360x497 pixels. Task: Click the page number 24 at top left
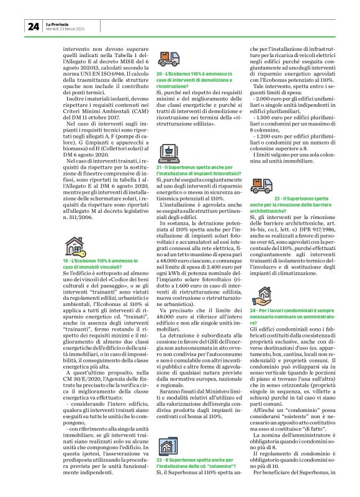click(33, 26)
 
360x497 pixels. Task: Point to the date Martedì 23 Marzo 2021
click(66, 29)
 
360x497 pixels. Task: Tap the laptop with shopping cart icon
click(168, 152)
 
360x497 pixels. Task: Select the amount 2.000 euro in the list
click(270, 100)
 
